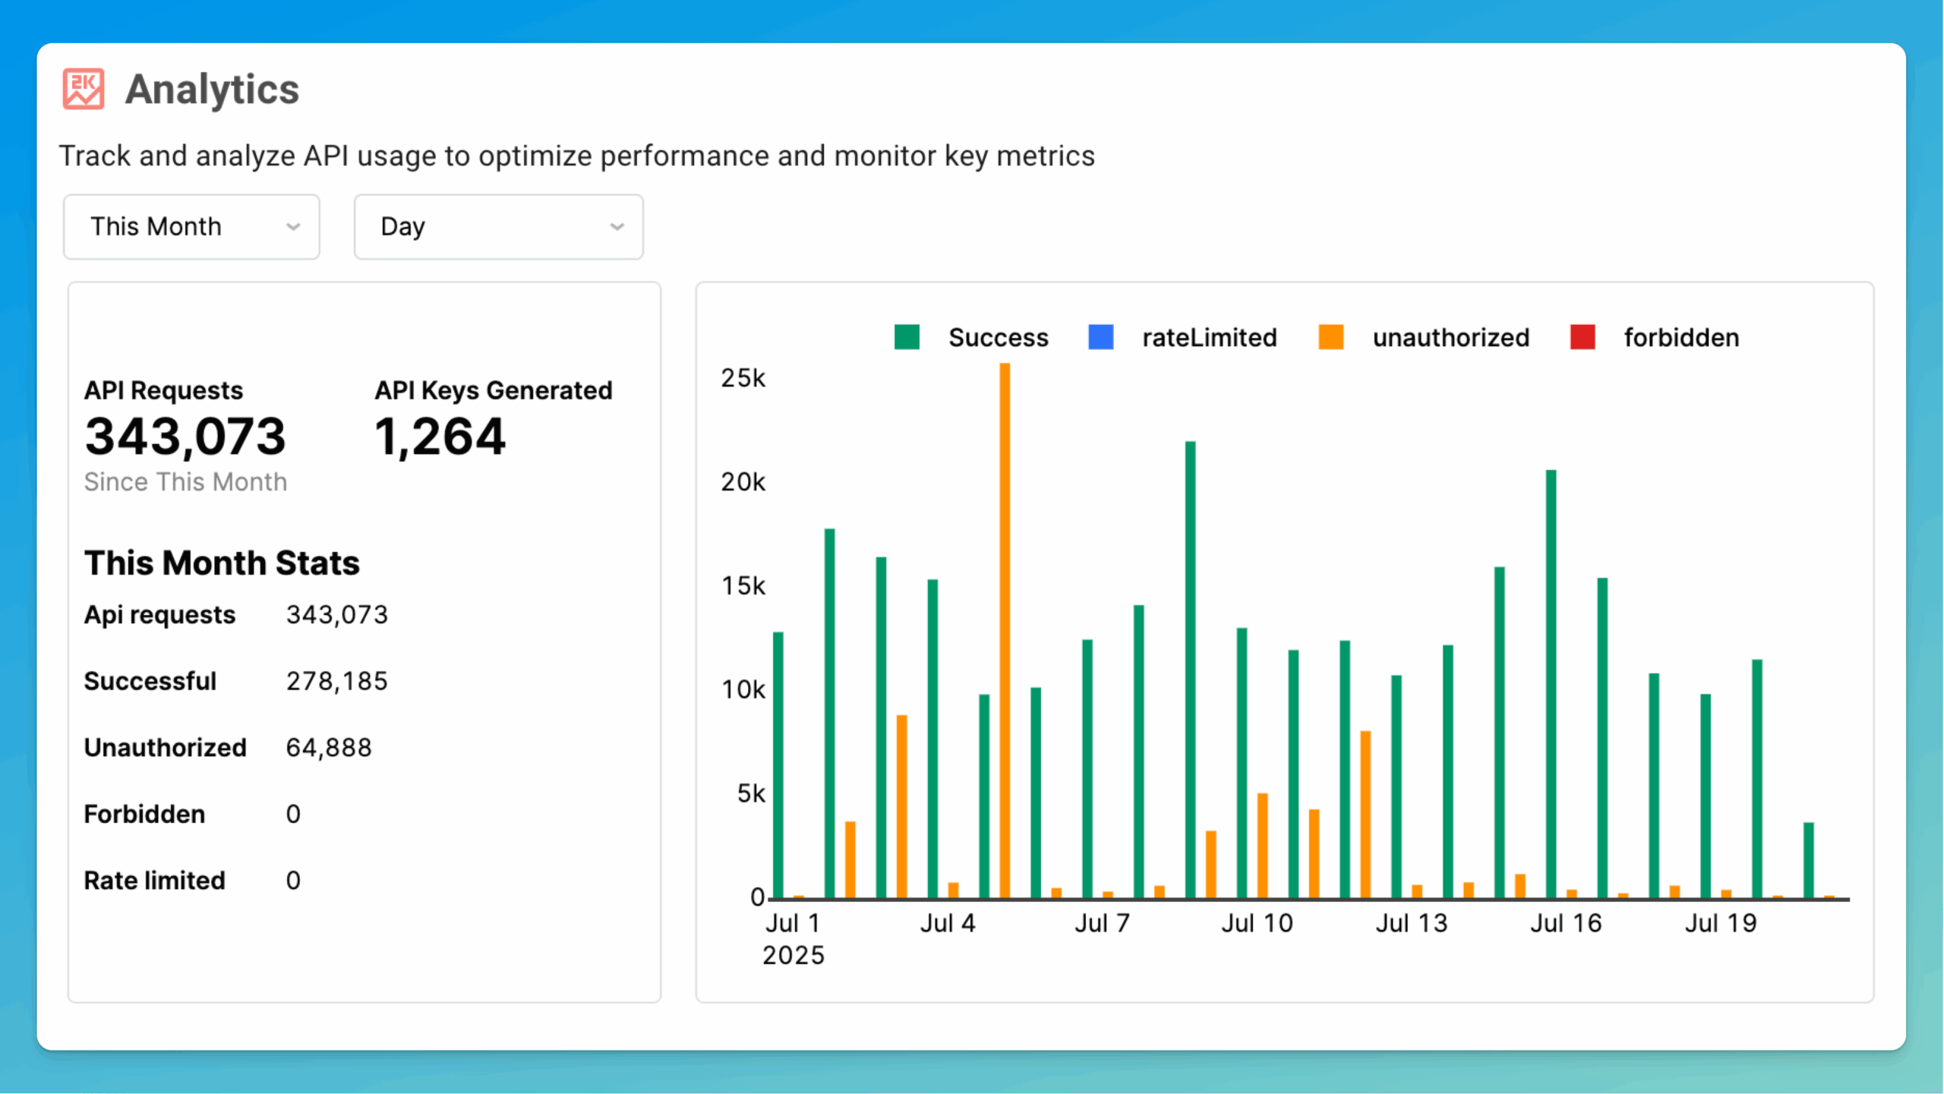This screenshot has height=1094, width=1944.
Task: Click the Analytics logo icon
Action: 83,90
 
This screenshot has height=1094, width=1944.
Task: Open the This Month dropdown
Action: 191,227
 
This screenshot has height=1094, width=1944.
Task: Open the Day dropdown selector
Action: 498,227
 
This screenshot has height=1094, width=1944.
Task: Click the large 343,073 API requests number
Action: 185,437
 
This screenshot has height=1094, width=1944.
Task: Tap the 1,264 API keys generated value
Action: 440,437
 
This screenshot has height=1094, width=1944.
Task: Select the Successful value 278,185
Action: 336,681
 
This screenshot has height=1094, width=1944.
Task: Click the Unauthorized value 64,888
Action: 329,748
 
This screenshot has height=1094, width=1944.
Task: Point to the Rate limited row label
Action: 154,881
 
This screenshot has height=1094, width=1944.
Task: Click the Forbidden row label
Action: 144,814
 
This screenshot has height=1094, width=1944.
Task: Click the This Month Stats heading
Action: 222,563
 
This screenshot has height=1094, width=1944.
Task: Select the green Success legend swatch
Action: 907,337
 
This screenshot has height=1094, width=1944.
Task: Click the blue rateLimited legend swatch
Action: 1100,337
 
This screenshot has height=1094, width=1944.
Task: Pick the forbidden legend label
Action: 1681,338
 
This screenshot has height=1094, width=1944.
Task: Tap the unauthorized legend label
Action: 1450,338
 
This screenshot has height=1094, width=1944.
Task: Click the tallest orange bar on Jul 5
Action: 1005,630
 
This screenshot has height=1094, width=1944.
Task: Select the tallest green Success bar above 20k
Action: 1190,668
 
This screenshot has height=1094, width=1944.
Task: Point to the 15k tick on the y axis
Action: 743,586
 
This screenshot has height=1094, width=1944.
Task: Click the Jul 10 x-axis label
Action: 1257,923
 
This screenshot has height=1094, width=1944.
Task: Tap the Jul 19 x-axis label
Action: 1721,923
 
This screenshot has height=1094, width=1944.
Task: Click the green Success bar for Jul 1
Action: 778,765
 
